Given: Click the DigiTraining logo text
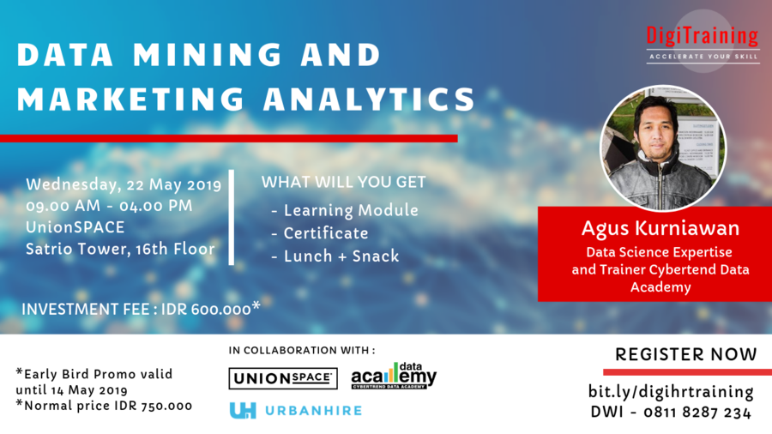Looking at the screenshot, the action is coord(702,36).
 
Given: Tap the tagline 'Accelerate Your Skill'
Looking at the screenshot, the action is coord(703,57).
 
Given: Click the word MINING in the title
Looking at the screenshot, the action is coord(208,54).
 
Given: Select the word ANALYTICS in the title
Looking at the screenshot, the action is coord(369,99).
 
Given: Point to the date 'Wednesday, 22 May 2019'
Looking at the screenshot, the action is coord(124,185).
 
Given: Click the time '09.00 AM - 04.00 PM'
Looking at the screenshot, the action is coord(109,206).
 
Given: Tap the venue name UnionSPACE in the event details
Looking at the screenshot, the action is coord(75,226).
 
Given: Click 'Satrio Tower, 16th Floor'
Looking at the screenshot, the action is coord(120,249).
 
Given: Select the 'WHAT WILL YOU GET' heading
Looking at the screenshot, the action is coord(344,182).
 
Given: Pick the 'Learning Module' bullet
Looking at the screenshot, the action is coord(351,211).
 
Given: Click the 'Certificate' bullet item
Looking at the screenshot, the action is coord(326,233).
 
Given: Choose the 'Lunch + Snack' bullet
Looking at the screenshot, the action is coord(341,256).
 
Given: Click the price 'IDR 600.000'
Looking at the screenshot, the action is coord(206,309).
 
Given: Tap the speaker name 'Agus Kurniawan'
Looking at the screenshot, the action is coord(660,228).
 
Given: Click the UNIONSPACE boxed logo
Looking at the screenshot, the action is coord(283,378).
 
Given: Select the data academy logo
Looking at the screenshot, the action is coord(394,376).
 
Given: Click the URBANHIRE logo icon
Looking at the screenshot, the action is coord(243,410).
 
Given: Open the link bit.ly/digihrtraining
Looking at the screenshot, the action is coord(671,392).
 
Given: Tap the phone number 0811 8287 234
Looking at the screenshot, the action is coord(697,413).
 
